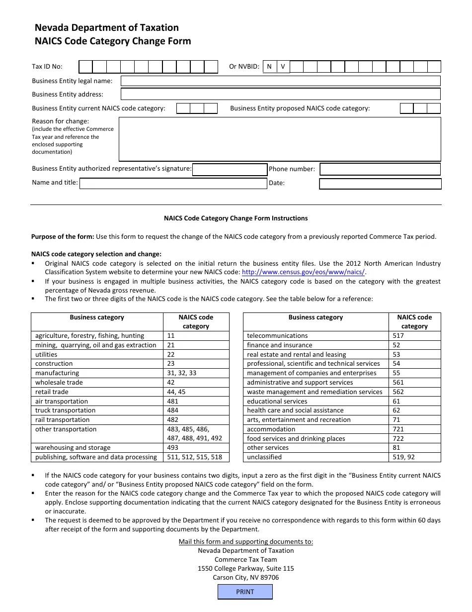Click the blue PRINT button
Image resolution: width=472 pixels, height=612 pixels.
pos(245,592)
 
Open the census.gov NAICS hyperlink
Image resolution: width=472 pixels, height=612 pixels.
pos(303,272)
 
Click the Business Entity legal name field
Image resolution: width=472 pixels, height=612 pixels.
pos(280,81)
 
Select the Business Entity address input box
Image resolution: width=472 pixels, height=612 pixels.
pos(280,94)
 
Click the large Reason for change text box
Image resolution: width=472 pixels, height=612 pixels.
pos(280,139)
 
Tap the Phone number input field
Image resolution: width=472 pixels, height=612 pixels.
pos(380,169)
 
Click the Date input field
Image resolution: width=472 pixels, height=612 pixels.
pos(380,184)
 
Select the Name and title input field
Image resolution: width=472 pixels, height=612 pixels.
pos(173,184)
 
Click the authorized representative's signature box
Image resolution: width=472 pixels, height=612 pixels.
pos(230,170)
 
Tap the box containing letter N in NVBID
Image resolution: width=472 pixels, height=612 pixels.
pos(269,67)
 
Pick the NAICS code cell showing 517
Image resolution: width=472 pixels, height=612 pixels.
pos(414,336)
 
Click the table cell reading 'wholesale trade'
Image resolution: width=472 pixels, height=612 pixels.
pos(97,383)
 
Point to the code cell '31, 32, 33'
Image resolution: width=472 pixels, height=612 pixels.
pos(196,373)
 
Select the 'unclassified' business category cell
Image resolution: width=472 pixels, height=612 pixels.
pos(315,457)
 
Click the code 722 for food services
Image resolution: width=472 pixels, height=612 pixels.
pos(414,438)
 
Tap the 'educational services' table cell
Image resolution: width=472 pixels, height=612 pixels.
pos(315,402)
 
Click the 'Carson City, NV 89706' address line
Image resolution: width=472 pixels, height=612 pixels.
pos(245,578)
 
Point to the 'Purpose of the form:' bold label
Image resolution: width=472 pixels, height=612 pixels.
pos(63,237)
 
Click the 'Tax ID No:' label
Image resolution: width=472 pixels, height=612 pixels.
pos(47,67)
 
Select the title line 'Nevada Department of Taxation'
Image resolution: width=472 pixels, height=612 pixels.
pos(107,28)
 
